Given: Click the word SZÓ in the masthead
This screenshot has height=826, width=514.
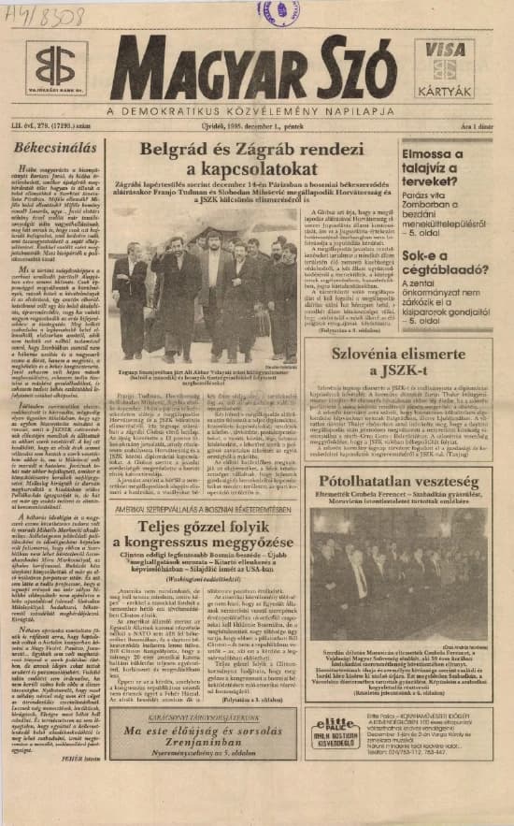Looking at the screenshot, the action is tap(346, 66).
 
